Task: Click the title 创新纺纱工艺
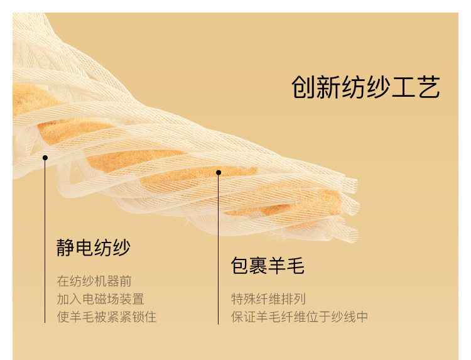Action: (366, 87)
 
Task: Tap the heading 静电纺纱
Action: (94, 248)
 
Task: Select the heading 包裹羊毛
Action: (268, 266)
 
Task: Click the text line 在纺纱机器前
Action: (94, 281)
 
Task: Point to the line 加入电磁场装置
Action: (100, 299)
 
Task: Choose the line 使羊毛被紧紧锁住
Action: (107, 317)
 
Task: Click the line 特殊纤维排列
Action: (268, 299)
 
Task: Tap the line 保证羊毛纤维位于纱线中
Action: (300, 317)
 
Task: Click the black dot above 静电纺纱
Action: (45, 158)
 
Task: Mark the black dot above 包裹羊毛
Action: (219, 173)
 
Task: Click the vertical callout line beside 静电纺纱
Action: (45, 241)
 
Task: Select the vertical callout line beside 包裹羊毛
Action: (219, 249)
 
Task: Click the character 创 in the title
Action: (303, 87)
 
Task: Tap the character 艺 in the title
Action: (429, 87)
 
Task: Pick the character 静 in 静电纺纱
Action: (65, 248)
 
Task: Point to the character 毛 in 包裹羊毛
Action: (296, 266)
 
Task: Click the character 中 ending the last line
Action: (362, 317)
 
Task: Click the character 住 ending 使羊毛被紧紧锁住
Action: (151, 317)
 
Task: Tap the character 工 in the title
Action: (404, 87)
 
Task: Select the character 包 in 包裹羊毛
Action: (240, 266)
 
